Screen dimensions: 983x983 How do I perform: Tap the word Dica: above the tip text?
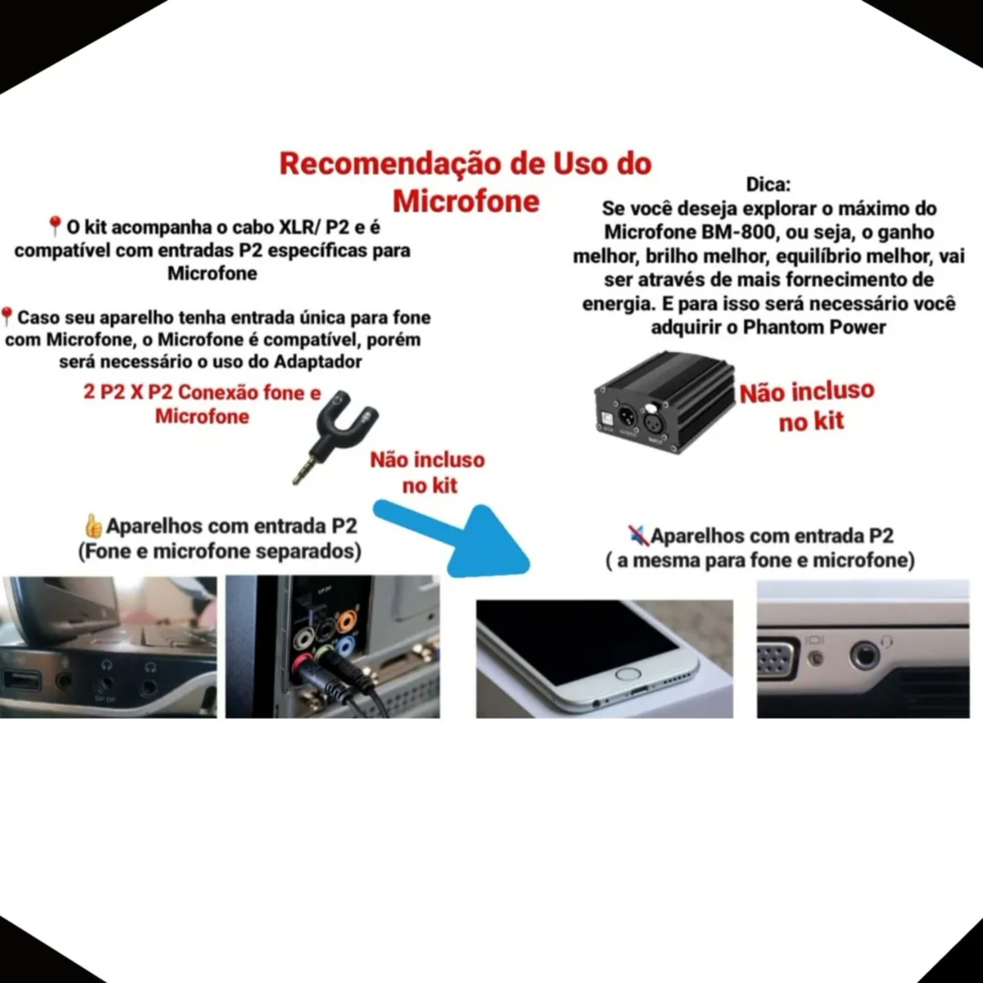(768, 184)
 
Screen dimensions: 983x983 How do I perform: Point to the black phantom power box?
(665, 403)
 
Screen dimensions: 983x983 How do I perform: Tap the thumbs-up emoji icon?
(94, 526)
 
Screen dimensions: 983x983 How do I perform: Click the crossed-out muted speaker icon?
(638, 535)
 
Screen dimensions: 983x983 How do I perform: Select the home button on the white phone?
(628, 674)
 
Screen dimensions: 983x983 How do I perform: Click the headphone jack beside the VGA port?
(864, 655)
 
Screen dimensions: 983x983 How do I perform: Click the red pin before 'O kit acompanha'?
(55, 227)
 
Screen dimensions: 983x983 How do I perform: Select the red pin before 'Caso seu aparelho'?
(7, 317)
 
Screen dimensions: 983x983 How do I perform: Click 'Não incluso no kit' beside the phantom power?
(808, 406)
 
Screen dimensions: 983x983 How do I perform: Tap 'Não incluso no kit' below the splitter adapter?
(428, 472)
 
